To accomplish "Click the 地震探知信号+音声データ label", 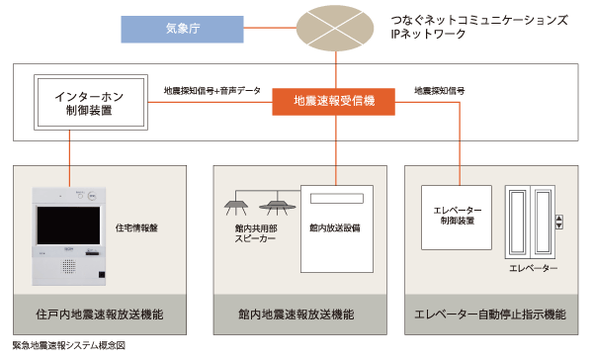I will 212,92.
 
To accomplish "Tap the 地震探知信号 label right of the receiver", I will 439,92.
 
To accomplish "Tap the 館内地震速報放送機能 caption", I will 296,315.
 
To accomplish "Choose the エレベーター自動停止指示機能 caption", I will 491,315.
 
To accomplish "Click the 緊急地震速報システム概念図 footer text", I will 67,347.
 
